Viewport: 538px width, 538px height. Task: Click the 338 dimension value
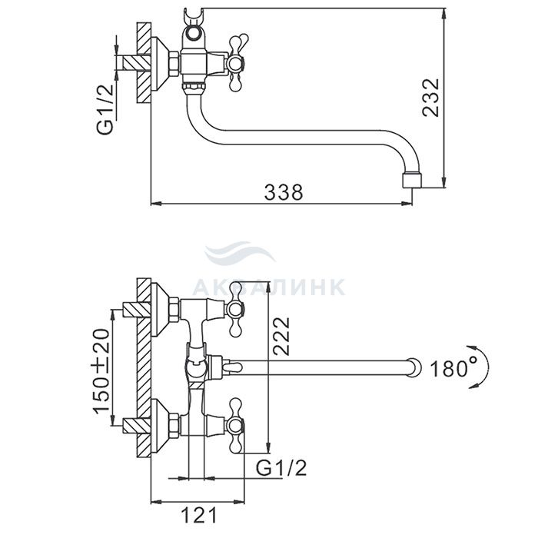pyautogui.click(x=284, y=192)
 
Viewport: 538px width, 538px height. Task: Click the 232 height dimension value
pyautogui.click(x=430, y=98)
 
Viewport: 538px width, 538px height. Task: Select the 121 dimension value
pyautogui.click(x=199, y=515)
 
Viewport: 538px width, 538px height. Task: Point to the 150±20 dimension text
pyautogui.click(x=101, y=371)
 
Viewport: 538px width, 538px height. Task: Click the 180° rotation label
pyautogui.click(x=453, y=368)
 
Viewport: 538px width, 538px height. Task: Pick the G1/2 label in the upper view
pyautogui.click(x=105, y=109)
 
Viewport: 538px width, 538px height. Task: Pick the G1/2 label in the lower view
pyautogui.click(x=281, y=467)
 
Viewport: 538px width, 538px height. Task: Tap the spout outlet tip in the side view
pyautogui.click(x=412, y=181)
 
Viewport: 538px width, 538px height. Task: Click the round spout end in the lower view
pyautogui.click(x=413, y=368)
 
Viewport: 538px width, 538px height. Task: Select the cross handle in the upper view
pyautogui.click(x=237, y=64)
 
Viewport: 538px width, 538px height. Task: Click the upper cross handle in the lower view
pyautogui.click(x=236, y=310)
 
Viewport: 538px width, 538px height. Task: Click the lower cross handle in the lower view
pyautogui.click(x=236, y=427)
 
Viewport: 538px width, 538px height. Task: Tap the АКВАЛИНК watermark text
pyautogui.click(x=269, y=287)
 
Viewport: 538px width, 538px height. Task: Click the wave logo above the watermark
pyautogui.click(x=239, y=253)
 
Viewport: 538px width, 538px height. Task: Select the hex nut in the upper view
pyautogui.click(x=174, y=64)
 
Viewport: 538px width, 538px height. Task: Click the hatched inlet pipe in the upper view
pyautogui.click(x=137, y=64)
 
